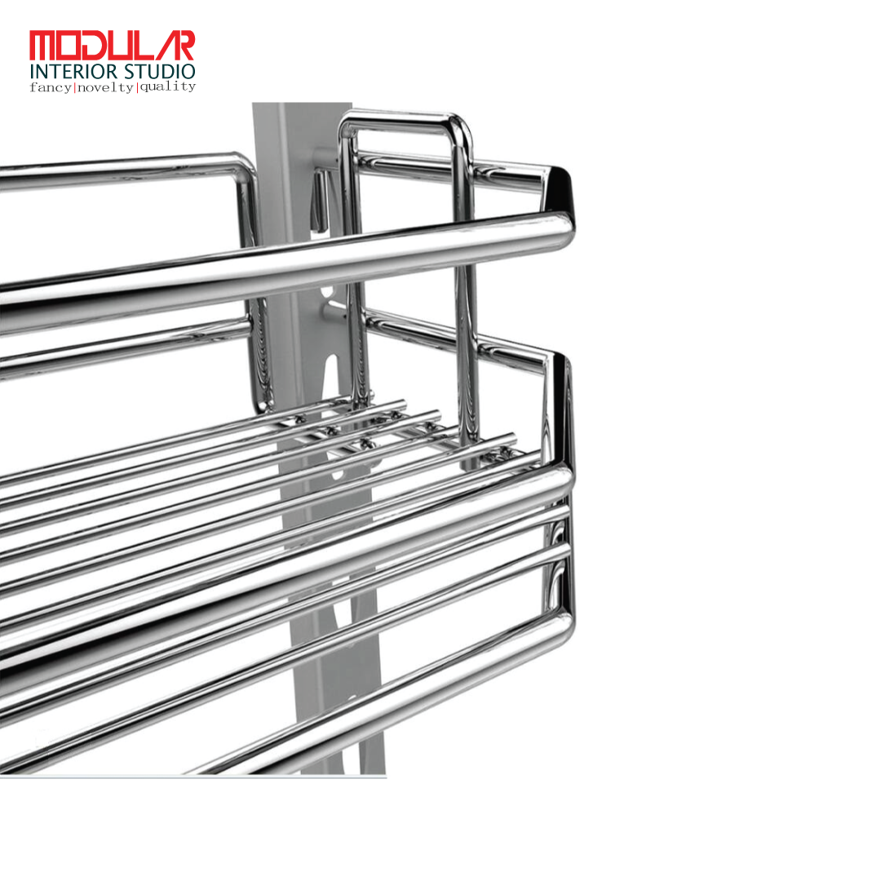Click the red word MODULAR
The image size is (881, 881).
tap(112, 45)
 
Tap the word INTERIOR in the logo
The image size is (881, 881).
tap(73, 72)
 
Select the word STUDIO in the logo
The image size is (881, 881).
tap(160, 72)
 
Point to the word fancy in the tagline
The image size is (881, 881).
tap(51, 87)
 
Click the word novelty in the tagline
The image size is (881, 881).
tap(105, 87)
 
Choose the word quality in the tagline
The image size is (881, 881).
tap(167, 86)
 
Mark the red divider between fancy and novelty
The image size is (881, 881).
tap(75, 87)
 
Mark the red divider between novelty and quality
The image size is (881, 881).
tap(136, 87)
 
